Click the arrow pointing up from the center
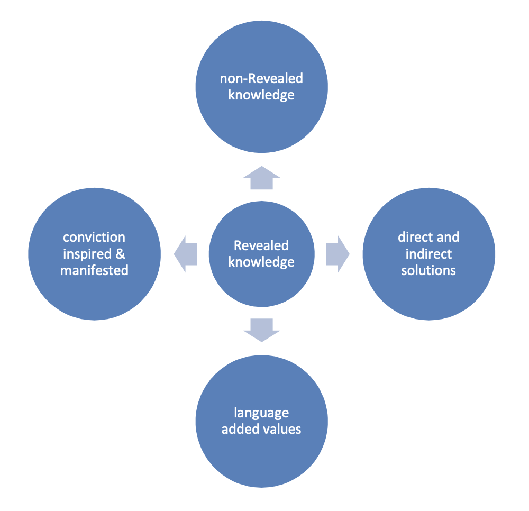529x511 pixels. coord(261,178)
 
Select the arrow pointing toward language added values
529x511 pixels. coord(261,330)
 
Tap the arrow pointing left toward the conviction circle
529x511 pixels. coord(186,254)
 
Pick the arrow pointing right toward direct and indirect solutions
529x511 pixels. coord(338,254)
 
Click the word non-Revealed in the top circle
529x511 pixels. coord(261,78)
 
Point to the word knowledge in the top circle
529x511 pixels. coord(261,95)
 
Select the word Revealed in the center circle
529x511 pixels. coord(261,245)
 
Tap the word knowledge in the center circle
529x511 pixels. coord(261,262)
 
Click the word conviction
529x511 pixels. coord(94,237)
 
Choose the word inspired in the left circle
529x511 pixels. coord(87,254)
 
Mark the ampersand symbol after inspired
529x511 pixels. coord(121,254)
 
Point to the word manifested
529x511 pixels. coord(95,270)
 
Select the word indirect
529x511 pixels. coord(429,254)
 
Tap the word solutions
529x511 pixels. coord(428,270)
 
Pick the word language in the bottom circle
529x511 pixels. coord(261,413)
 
